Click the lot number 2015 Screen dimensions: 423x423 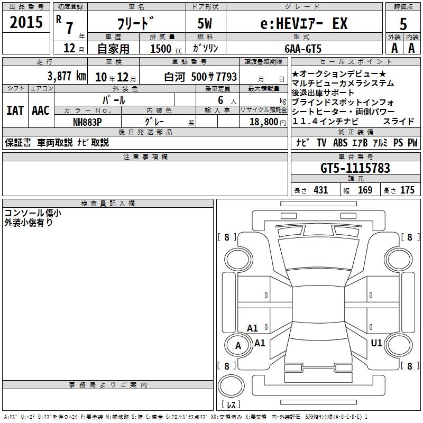coord(26,22)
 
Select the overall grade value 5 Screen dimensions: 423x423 coord(403,24)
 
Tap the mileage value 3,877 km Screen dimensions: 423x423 coord(67,76)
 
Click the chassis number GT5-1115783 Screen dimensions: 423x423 coord(355,168)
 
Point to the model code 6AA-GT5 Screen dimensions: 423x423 coord(303,49)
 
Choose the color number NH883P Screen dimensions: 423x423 coord(87,122)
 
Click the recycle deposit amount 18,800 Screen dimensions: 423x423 coord(264,122)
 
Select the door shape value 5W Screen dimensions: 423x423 coord(205,23)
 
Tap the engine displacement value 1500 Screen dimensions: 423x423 coord(161,49)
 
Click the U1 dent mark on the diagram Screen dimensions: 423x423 coord(376,343)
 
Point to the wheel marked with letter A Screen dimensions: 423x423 coord(238,345)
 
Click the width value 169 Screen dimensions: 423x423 coord(365,190)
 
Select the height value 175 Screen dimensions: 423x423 coord(407,190)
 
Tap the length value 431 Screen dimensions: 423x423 coord(321,190)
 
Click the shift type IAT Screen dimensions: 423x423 coord(15,111)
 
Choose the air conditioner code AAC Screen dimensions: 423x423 coord(41,111)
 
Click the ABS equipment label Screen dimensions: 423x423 coord(340,142)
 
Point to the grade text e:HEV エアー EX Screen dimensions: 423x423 coord(304,24)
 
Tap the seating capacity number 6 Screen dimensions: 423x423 coord(220,100)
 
